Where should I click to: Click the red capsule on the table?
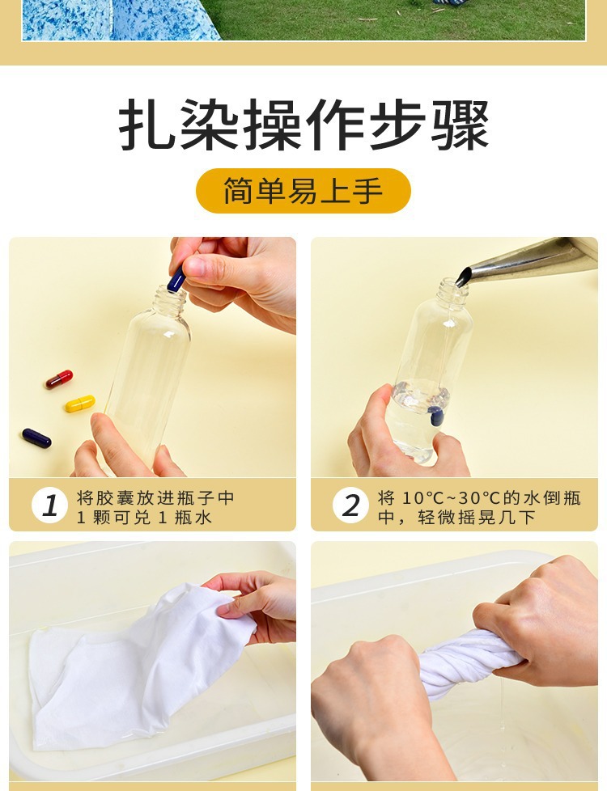point(59,379)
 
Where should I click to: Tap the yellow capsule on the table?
point(80,404)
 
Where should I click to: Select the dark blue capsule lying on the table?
point(36,438)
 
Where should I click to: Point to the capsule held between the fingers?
point(176,279)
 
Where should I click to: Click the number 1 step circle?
point(49,505)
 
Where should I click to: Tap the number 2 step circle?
point(351,505)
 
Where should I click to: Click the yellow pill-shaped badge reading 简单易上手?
point(303,191)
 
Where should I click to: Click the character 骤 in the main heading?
point(460,124)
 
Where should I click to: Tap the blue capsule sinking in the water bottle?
point(435,416)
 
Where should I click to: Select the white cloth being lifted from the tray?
point(136,666)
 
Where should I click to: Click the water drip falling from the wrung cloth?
point(502,706)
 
